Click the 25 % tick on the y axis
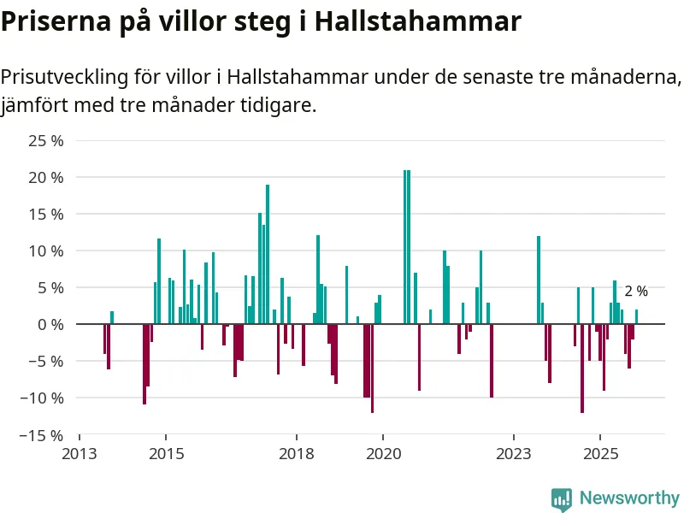45,141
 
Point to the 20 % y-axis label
45,178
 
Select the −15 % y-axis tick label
42,435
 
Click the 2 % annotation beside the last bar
636,292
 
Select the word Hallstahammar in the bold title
418,21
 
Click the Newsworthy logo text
629,498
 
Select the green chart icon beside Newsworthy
562,499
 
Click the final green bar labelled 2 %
636,316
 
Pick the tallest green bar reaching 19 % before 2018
268,254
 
